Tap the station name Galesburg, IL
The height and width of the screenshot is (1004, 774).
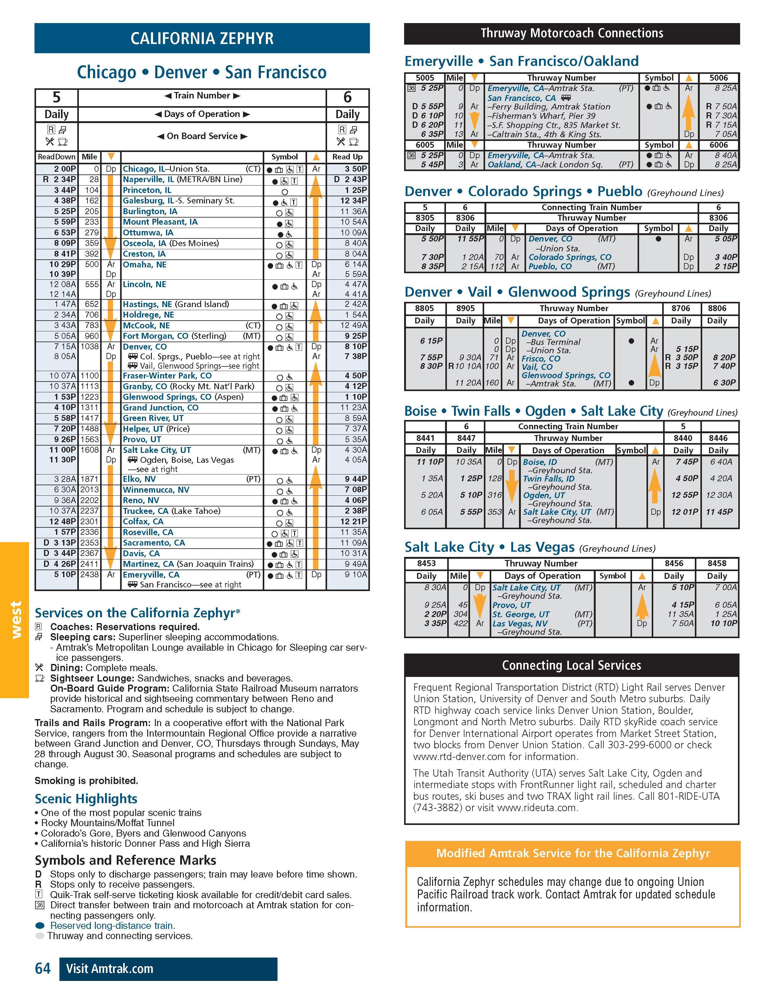click(148, 201)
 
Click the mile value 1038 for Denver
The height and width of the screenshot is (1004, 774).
click(90, 347)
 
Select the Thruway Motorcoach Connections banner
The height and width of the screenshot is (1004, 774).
click(572, 34)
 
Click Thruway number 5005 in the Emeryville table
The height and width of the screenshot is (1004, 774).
click(424, 78)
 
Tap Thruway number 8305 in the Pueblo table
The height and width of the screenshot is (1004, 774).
click(425, 218)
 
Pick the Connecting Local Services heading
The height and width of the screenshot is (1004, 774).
click(572, 665)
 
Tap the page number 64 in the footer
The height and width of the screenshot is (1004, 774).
click(43, 969)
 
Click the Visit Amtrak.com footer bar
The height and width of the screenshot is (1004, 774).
click(168, 969)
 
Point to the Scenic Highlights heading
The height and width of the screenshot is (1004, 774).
click(86, 798)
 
